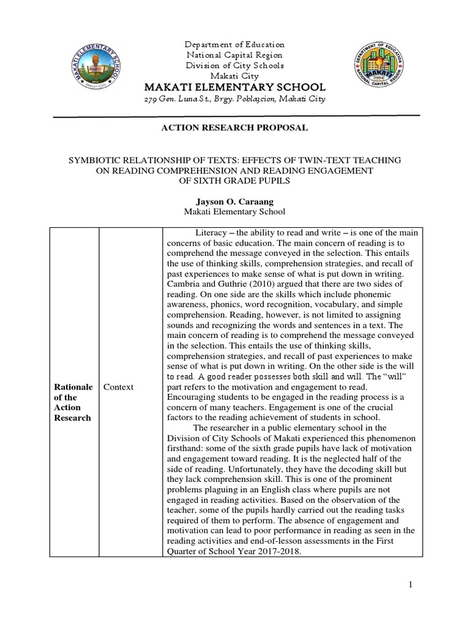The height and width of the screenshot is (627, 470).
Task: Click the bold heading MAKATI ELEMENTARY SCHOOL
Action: point(234,87)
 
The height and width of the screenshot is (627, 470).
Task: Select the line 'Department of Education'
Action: point(235,45)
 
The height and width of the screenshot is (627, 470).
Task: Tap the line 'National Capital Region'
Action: point(235,55)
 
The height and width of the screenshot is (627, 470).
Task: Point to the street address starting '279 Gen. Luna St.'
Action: point(234,99)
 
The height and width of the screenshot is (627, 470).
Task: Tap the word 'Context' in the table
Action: point(118,388)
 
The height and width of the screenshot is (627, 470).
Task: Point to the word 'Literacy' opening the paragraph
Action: point(211,233)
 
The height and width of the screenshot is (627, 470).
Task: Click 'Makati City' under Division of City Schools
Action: point(235,75)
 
